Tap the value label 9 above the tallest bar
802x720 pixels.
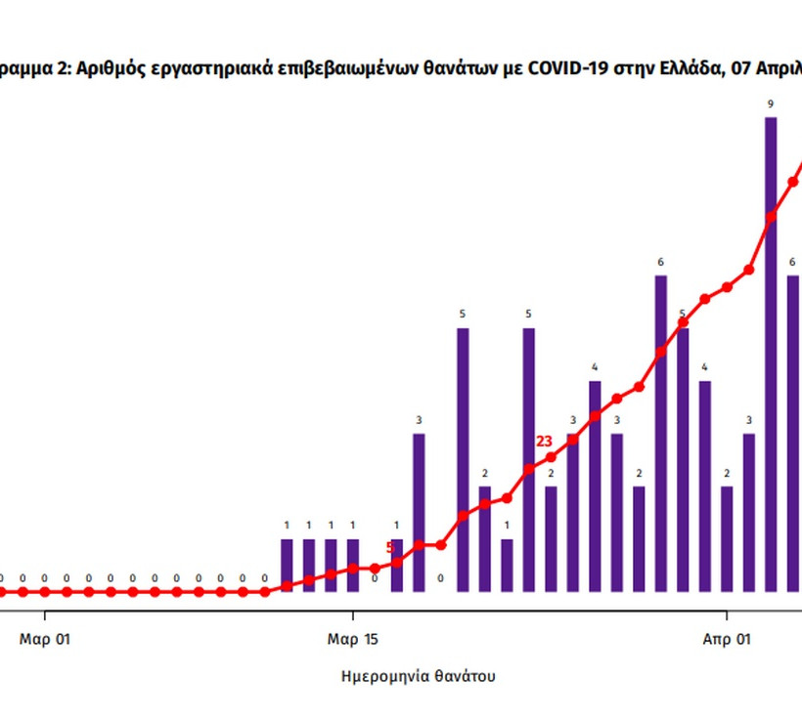(x=771, y=104)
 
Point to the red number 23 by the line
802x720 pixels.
(x=545, y=442)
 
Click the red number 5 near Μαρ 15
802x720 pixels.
(x=390, y=548)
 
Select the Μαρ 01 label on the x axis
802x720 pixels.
(x=45, y=640)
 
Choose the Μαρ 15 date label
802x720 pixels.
(x=352, y=640)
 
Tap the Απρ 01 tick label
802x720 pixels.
(x=727, y=640)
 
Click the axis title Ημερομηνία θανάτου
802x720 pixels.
(x=418, y=676)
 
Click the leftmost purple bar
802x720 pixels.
(x=287, y=566)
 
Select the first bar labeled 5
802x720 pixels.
(x=463, y=459)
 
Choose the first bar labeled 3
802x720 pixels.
(x=419, y=512)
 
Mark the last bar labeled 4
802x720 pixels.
(x=704, y=486)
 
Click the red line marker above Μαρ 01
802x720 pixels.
(x=45, y=592)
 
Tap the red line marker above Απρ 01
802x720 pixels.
(x=727, y=287)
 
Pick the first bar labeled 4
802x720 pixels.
(x=595, y=486)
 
